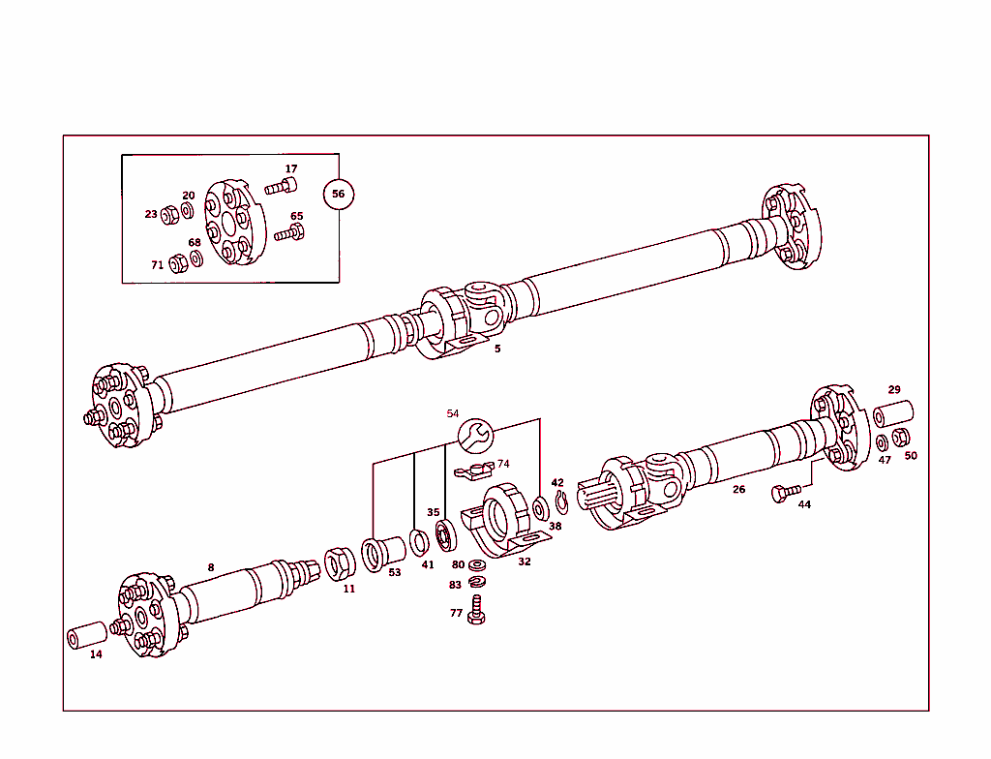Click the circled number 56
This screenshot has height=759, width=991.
338,194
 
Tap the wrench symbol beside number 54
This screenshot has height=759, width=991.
474,436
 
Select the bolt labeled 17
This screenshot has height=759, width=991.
282,186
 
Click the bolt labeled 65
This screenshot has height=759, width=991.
289,232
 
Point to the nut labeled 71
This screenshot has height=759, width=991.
177,263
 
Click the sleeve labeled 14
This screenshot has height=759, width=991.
85,635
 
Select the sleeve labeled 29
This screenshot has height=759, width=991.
893,412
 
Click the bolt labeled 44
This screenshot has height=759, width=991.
785,493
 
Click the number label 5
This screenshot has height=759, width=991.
497,349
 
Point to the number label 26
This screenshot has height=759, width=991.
738,489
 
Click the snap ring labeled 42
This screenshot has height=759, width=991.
561,500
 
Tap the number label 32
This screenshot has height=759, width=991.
524,561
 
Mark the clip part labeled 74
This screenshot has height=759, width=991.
473,471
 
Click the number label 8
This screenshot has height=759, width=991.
210,567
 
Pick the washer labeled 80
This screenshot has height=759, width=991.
477,564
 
